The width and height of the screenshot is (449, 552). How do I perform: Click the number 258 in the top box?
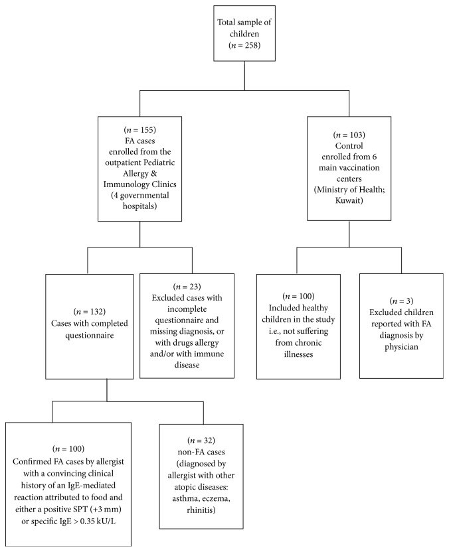252,45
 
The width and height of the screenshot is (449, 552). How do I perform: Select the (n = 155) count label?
139,130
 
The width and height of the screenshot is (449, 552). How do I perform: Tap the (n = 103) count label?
349,135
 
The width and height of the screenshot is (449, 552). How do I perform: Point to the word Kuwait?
348,200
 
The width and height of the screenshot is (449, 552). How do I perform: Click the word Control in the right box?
349,146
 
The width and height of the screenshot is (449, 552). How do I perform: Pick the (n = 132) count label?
89,312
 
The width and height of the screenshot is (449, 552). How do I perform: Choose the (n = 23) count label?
187,287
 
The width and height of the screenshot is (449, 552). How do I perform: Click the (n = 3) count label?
401,301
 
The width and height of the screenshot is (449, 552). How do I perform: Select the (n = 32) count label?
201,441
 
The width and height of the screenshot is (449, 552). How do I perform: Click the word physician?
401,347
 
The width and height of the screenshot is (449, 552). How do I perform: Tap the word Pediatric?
158,163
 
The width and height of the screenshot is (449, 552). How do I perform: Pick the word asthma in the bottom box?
186,499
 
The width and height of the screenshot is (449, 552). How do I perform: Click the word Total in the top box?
226,22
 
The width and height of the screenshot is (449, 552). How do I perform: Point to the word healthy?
315,308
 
